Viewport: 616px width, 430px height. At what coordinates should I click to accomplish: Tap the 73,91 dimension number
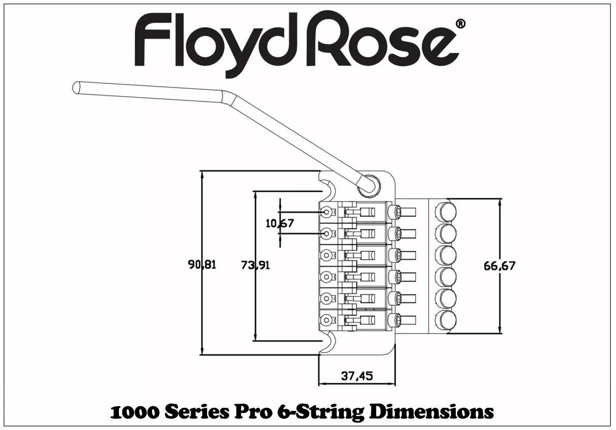tap(256, 265)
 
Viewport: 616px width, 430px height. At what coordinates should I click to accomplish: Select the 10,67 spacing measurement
tap(280, 223)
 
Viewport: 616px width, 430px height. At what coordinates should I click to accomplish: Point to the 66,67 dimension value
tap(499, 266)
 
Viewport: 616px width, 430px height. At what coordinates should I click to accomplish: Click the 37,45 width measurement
tap(357, 376)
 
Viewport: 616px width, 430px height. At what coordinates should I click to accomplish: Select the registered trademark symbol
tap(461, 24)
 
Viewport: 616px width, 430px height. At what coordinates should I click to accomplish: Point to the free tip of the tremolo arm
tap(76, 87)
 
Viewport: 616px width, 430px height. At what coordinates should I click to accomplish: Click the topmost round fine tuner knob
tap(445, 212)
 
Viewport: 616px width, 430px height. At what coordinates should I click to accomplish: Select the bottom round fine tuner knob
tap(445, 320)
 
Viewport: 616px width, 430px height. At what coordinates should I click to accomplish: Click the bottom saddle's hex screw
tap(327, 319)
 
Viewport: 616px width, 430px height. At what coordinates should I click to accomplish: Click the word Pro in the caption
tap(252, 412)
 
